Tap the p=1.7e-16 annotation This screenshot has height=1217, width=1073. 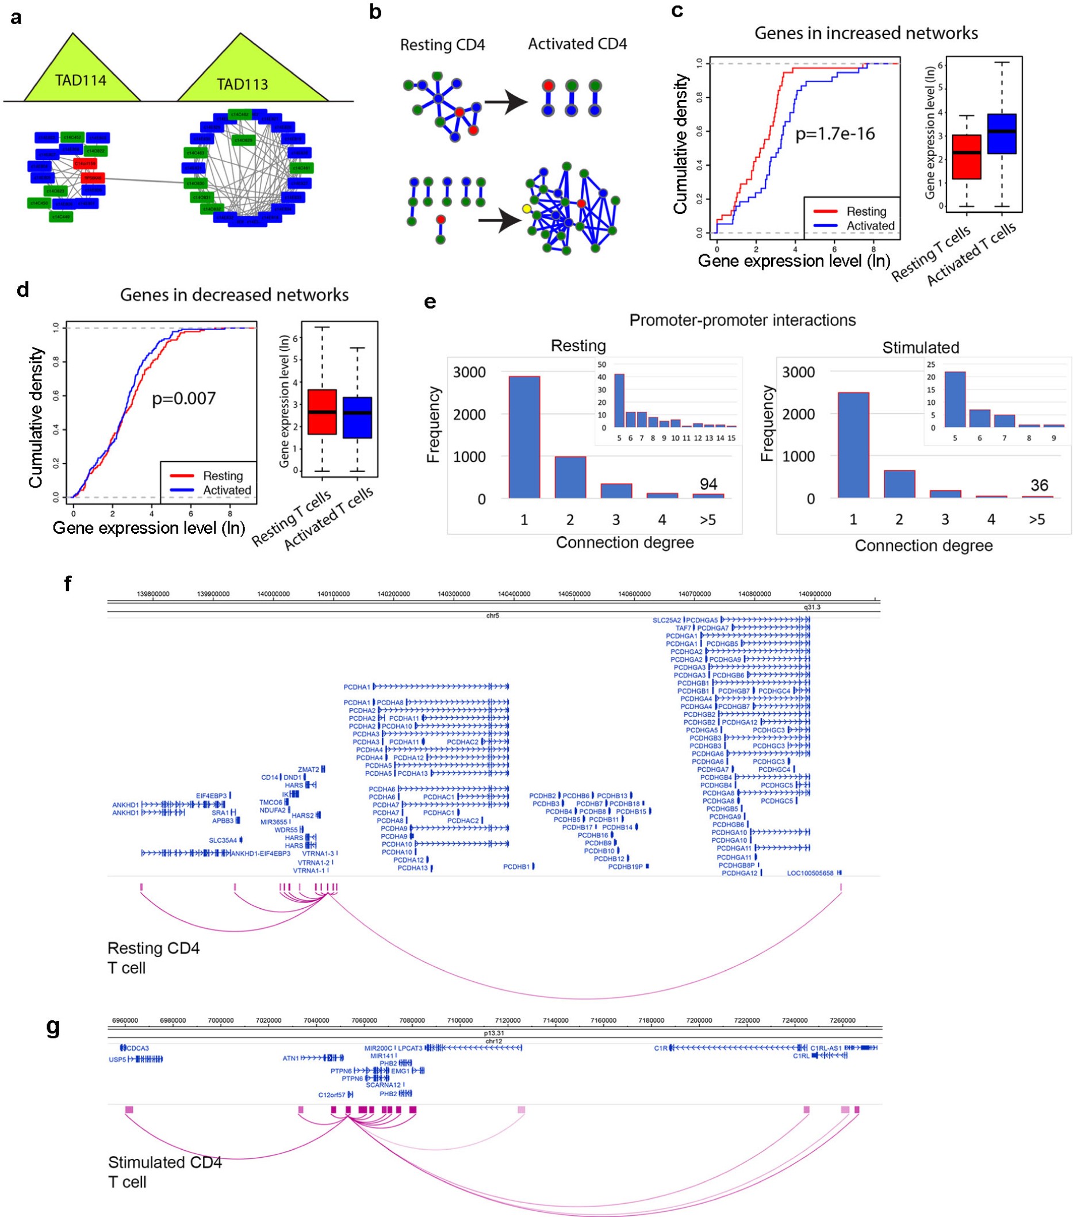tap(835, 134)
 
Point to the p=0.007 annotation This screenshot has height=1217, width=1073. tap(183, 399)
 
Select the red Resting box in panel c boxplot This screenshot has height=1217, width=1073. tap(966, 156)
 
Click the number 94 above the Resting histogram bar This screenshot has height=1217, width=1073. tap(708, 484)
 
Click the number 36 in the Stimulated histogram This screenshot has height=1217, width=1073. tap(1038, 485)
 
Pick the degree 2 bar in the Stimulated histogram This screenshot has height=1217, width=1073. tap(899, 484)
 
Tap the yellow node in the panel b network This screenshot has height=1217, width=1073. tap(526, 209)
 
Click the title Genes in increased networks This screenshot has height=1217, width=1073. tap(865, 33)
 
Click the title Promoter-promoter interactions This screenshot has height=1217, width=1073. tap(742, 320)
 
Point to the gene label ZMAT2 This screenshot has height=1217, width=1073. tap(308, 770)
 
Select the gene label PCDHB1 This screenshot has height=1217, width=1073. tap(516, 867)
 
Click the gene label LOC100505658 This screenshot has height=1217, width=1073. tap(810, 874)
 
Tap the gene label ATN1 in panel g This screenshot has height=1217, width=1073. tap(290, 1059)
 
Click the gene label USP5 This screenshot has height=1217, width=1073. tap(117, 1059)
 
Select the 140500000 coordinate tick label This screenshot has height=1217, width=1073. tap(574, 594)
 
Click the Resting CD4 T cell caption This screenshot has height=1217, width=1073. tap(153, 958)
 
